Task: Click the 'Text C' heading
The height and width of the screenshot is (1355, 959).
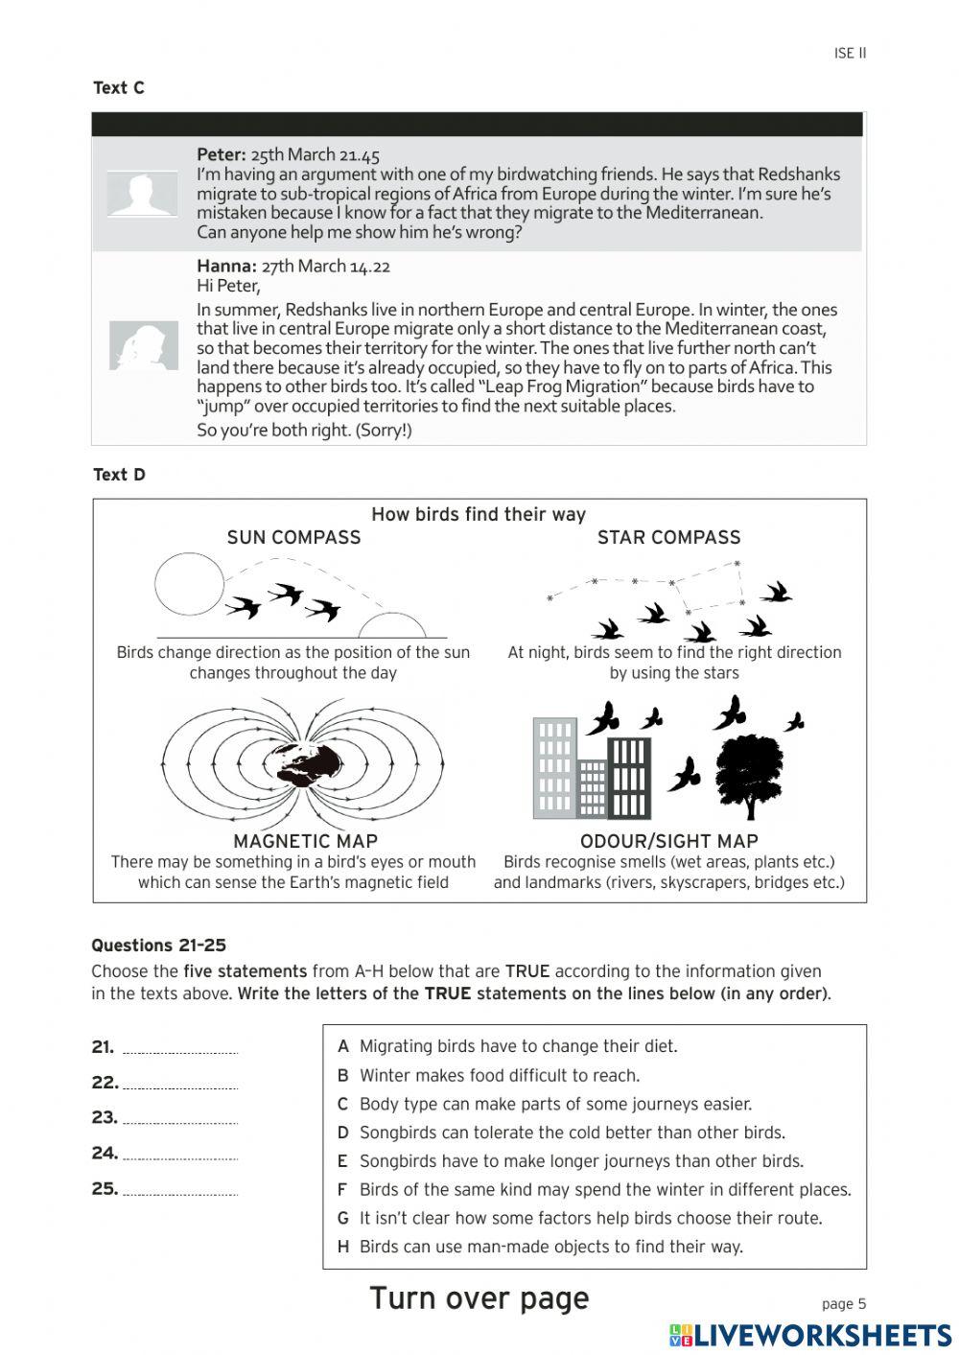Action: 119,88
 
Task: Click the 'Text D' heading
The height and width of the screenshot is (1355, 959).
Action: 119,475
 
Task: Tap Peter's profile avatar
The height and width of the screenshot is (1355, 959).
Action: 142,195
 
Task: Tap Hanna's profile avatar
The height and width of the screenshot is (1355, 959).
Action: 144,345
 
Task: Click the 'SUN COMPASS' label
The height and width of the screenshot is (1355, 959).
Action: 293,538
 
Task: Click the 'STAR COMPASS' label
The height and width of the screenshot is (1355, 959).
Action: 668,538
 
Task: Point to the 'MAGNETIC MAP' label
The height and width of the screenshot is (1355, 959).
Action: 305,841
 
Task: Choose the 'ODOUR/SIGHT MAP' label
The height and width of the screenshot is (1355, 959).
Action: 668,841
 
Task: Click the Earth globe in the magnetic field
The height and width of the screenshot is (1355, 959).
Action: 308,763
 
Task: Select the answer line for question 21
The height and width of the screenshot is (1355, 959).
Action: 180,1050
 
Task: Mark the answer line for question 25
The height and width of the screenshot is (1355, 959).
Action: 180,1192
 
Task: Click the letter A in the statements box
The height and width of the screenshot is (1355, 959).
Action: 343,1046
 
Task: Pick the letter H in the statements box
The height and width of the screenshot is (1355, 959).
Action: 343,1247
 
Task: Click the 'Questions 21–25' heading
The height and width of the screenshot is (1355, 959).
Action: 158,946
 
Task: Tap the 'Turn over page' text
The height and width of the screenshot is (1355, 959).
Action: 479,1298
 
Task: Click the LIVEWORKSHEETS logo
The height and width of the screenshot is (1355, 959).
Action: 810,1335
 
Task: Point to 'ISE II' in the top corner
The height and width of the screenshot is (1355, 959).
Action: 850,54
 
